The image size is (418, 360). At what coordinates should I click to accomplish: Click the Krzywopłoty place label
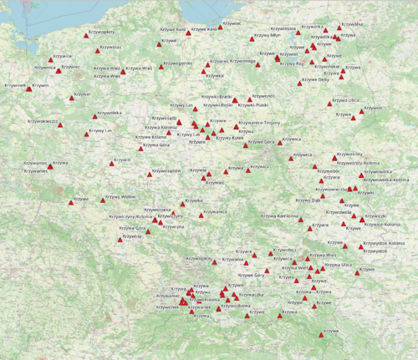click(100, 32)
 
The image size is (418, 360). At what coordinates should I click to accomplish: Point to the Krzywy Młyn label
click(268, 35)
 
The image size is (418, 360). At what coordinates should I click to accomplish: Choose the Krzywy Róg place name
click(293, 63)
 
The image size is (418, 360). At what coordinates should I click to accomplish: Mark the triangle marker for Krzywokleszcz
click(60, 125)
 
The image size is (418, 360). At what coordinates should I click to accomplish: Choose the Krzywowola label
click(339, 212)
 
